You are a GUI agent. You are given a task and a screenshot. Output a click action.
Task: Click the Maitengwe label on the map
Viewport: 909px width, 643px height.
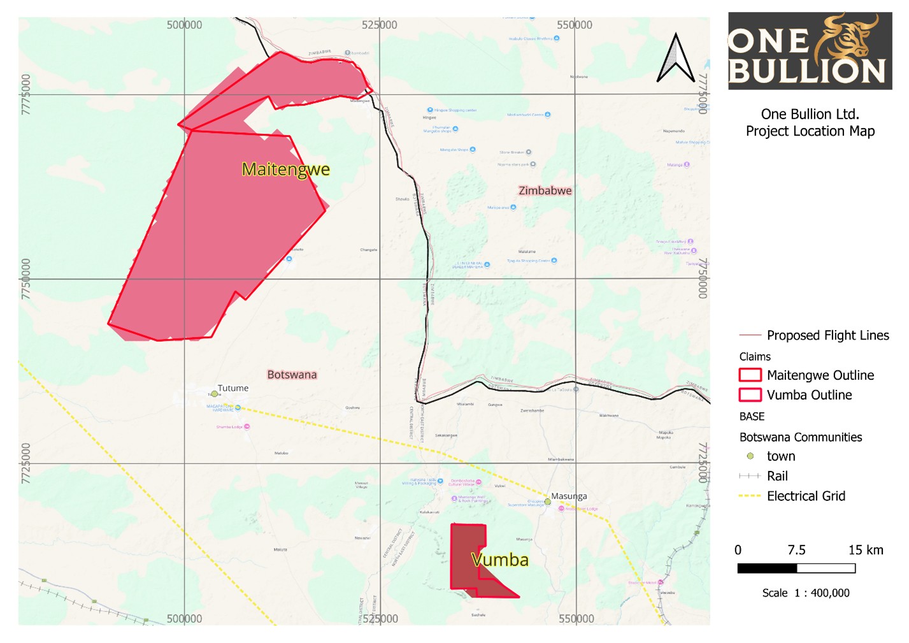tap(285, 170)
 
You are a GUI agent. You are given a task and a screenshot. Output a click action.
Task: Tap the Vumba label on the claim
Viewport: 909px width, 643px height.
tap(500, 560)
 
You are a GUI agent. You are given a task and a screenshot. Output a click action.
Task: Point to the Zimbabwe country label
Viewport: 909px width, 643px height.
tap(545, 191)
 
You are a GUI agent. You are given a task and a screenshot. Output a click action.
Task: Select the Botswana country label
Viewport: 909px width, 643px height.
tap(292, 375)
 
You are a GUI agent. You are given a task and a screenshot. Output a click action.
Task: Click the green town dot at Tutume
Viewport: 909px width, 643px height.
tap(214, 394)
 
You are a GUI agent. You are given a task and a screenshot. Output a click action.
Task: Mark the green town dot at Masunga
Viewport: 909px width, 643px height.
tap(548, 502)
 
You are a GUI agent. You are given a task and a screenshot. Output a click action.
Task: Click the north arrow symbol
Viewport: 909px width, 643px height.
tap(675, 58)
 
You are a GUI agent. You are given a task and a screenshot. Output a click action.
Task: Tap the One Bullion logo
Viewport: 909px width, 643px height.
tap(810, 50)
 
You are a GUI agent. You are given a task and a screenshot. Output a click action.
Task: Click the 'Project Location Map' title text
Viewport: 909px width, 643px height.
tap(810, 131)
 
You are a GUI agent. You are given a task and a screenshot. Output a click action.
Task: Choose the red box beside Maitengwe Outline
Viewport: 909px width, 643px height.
tap(750, 375)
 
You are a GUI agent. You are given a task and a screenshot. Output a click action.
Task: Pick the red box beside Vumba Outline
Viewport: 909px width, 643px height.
tap(750, 394)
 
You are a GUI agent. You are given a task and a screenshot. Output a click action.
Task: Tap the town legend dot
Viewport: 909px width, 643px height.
tap(750, 456)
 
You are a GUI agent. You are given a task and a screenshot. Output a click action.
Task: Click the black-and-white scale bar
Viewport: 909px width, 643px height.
tap(796, 568)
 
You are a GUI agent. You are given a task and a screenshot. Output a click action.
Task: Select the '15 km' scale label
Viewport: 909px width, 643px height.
tap(866, 550)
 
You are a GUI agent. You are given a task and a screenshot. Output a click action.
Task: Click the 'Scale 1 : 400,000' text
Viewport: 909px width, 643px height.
tap(806, 593)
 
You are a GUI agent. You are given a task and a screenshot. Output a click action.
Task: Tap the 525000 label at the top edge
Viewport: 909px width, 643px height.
tap(379, 25)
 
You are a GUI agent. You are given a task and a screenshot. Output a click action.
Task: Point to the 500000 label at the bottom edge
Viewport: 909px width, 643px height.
tap(184, 619)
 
